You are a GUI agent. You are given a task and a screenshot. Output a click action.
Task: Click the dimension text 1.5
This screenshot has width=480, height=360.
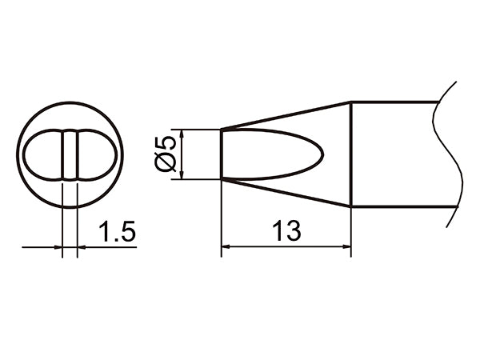pyautogui.click(x=118, y=231)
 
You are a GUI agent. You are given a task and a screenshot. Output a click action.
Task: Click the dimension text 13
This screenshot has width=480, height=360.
pyautogui.click(x=286, y=231)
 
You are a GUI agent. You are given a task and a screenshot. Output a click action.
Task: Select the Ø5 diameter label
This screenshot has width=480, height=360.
pyautogui.click(x=166, y=154)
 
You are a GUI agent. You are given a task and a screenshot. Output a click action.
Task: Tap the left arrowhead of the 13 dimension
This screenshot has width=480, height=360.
pyautogui.click(x=226, y=246)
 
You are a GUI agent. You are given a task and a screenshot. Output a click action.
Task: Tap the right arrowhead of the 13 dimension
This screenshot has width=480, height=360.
pyautogui.click(x=346, y=246)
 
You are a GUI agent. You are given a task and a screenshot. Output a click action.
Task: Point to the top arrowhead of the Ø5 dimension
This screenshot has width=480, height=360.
pyautogui.click(x=182, y=134)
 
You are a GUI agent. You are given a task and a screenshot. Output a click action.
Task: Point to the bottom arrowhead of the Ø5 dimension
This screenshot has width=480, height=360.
pyautogui.click(x=182, y=174)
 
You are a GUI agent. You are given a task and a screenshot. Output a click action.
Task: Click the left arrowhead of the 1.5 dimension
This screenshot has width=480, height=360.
pyautogui.click(x=58, y=247)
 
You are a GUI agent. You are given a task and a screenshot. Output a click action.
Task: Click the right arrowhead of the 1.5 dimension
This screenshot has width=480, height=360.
pyautogui.click(x=82, y=247)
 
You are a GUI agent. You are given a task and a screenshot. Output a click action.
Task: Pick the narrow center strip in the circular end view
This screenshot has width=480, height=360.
pyautogui.click(x=70, y=155)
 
